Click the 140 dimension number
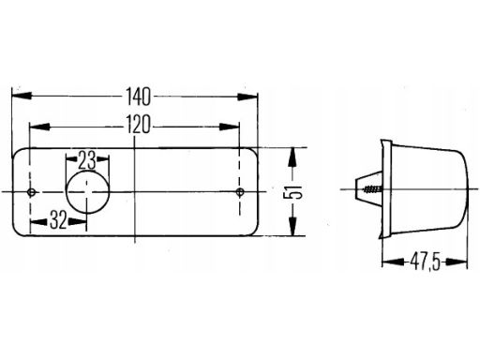click(138, 97)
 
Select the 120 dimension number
click(138, 125)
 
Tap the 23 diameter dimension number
click(87, 160)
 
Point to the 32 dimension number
click(58, 220)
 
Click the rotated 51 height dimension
click(292, 191)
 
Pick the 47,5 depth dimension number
click(425, 262)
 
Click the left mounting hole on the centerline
click(31, 192)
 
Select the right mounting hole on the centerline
click(240, 192)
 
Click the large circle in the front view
click(88, 192)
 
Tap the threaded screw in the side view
click(372, 189)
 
